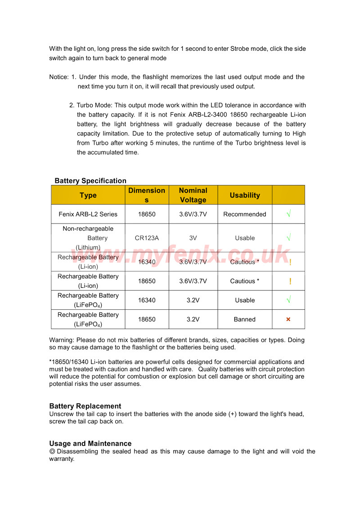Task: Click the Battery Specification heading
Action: point(90,181)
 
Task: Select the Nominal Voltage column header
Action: point(193,195)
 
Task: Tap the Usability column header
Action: point(245,195)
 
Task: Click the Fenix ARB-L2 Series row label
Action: point(88,214)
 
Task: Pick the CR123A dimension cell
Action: point(147,238)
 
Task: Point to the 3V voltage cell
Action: point(193,238)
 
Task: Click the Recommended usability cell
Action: point(244,214)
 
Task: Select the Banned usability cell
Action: point(244,319)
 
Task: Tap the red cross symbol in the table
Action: point(288,319)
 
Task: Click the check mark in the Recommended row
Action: point(288,214)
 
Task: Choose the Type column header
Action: point(88,195)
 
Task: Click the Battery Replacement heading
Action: point(85,406)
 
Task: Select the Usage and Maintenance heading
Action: point(90,444)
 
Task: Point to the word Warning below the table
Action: point(62,340)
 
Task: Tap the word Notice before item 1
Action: point(58,77)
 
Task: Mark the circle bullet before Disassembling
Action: point(52,451)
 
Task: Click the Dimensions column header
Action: point(147,195)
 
